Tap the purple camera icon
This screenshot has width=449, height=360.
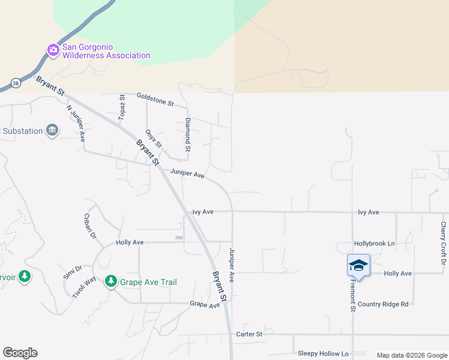pyautogui.click(x=53, y=50)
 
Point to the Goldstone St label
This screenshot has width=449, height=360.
pyautogui.click(x=155, y=100)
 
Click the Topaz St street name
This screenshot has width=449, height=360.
pyautogui.click(x=122, y=107)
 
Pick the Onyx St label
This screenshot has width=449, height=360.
pyautogui.click(x=154, y=139)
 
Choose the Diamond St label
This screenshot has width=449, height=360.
pyautogui.click(x=188, y=134)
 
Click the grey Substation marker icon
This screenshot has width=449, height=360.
pyautogui.click(x=53, y=130)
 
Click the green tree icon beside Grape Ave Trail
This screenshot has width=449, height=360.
pyautogui.click(x=110, y=281)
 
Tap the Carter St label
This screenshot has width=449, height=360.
pyautogui.click(x=249, y=334)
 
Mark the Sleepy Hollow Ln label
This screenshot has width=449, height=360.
pyautogui.click(x=323, y=354)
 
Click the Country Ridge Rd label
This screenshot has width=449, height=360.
pyautogui.click(x=383, y=304)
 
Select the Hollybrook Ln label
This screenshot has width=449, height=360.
pyautogui.click(x=375, y=244)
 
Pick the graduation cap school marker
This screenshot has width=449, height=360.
pyautogui.click(x=358, y=265)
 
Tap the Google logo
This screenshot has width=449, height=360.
pyautogui.click(x=20, y=353)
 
